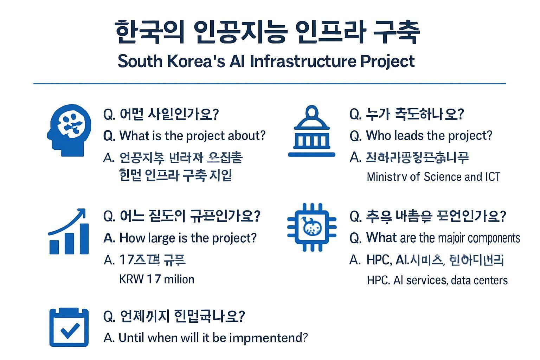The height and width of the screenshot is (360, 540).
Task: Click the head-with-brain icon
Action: coord(69,130)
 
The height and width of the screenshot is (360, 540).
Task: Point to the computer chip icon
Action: coord(312,227)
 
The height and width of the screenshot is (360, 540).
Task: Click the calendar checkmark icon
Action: coord(69,327)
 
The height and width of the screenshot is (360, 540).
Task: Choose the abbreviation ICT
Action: coord(492,176)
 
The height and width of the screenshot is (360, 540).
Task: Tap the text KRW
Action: coord(131,279)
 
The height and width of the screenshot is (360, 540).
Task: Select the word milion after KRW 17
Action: coord(179,279)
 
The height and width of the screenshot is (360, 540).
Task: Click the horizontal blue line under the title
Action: coord(270,84)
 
